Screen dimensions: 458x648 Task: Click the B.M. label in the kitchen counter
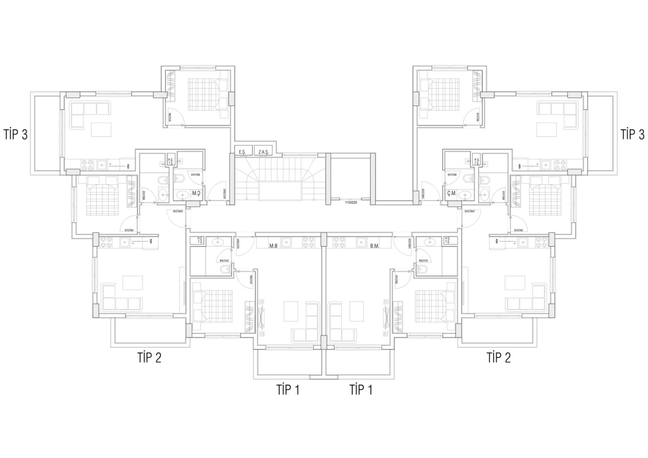pyautogui.click(x=375, y=246)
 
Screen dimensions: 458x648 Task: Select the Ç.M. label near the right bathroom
pyautogui.click(x=451, y=193)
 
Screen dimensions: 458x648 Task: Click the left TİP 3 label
pyautogui.click(x=15, y=135)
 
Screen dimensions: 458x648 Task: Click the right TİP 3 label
pyautogui.click(x=632, y=135)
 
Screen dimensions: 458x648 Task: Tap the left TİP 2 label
pyautogui.click(x=149, y=357)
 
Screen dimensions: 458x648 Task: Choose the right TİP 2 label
pyautogui.click(x=498, y=357)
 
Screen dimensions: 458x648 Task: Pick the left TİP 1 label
pyautogui.click(x=288, y=390)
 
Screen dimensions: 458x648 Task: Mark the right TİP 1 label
pyautogui.click(x=361, y=390)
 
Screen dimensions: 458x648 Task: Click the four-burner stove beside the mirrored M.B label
pyautogui.click(x=308, y=241)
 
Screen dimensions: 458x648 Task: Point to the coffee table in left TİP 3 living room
pyautogui.click(x=101, y=129)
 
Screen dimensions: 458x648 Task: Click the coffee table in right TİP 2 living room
pyautogui.click(x=514, y=282)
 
